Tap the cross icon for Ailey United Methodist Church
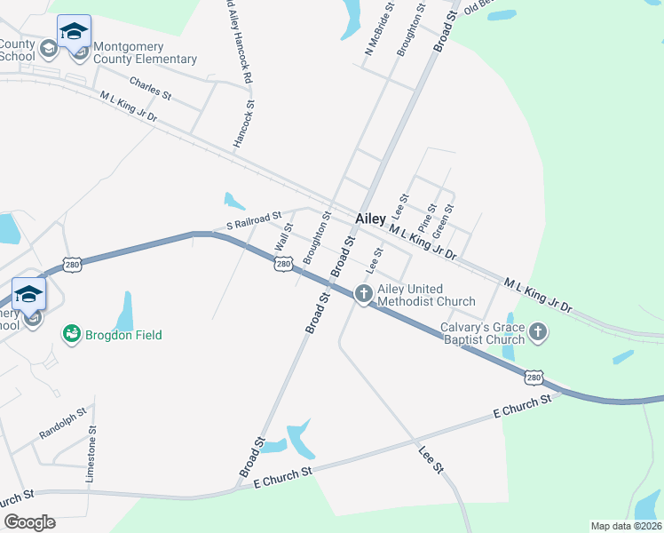pyautogui.click(x=363, y=293)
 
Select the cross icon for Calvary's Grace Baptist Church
pyautogui.click(x=536, y=333)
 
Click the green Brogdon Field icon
pyautogui.click(x=71, y=335)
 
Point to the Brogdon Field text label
pyautogui.click(x=123, y=336)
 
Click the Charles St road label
pyautogui.click(x=150, y=88)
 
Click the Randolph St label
pyautogui.click(x=63, y=424)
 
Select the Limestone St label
pyautogui.click(x=91, y=454)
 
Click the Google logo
pyautogui.click(x=28, y=521)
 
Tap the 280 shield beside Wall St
pyautogui.click(x=283, y=264)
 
